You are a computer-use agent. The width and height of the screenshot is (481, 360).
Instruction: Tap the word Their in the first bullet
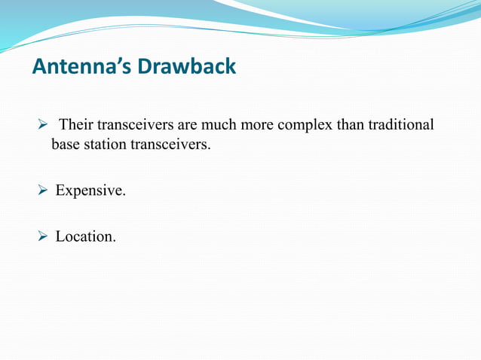pos(76,124)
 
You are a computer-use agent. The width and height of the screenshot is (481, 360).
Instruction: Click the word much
pos(216,124)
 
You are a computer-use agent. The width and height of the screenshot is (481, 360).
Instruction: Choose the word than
pos(348,124)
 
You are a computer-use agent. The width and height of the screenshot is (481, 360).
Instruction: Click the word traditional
pos(400,124)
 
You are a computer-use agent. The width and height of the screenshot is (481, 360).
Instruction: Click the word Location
pos(85,236)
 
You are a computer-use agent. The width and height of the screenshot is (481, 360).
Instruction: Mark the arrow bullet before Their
pos(43,124)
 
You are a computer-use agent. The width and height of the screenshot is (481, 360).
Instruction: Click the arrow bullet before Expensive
pos(43,191)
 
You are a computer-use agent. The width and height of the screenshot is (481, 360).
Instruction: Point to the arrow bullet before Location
pos(43,236)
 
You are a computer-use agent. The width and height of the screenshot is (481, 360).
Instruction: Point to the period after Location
pos(115,241)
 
